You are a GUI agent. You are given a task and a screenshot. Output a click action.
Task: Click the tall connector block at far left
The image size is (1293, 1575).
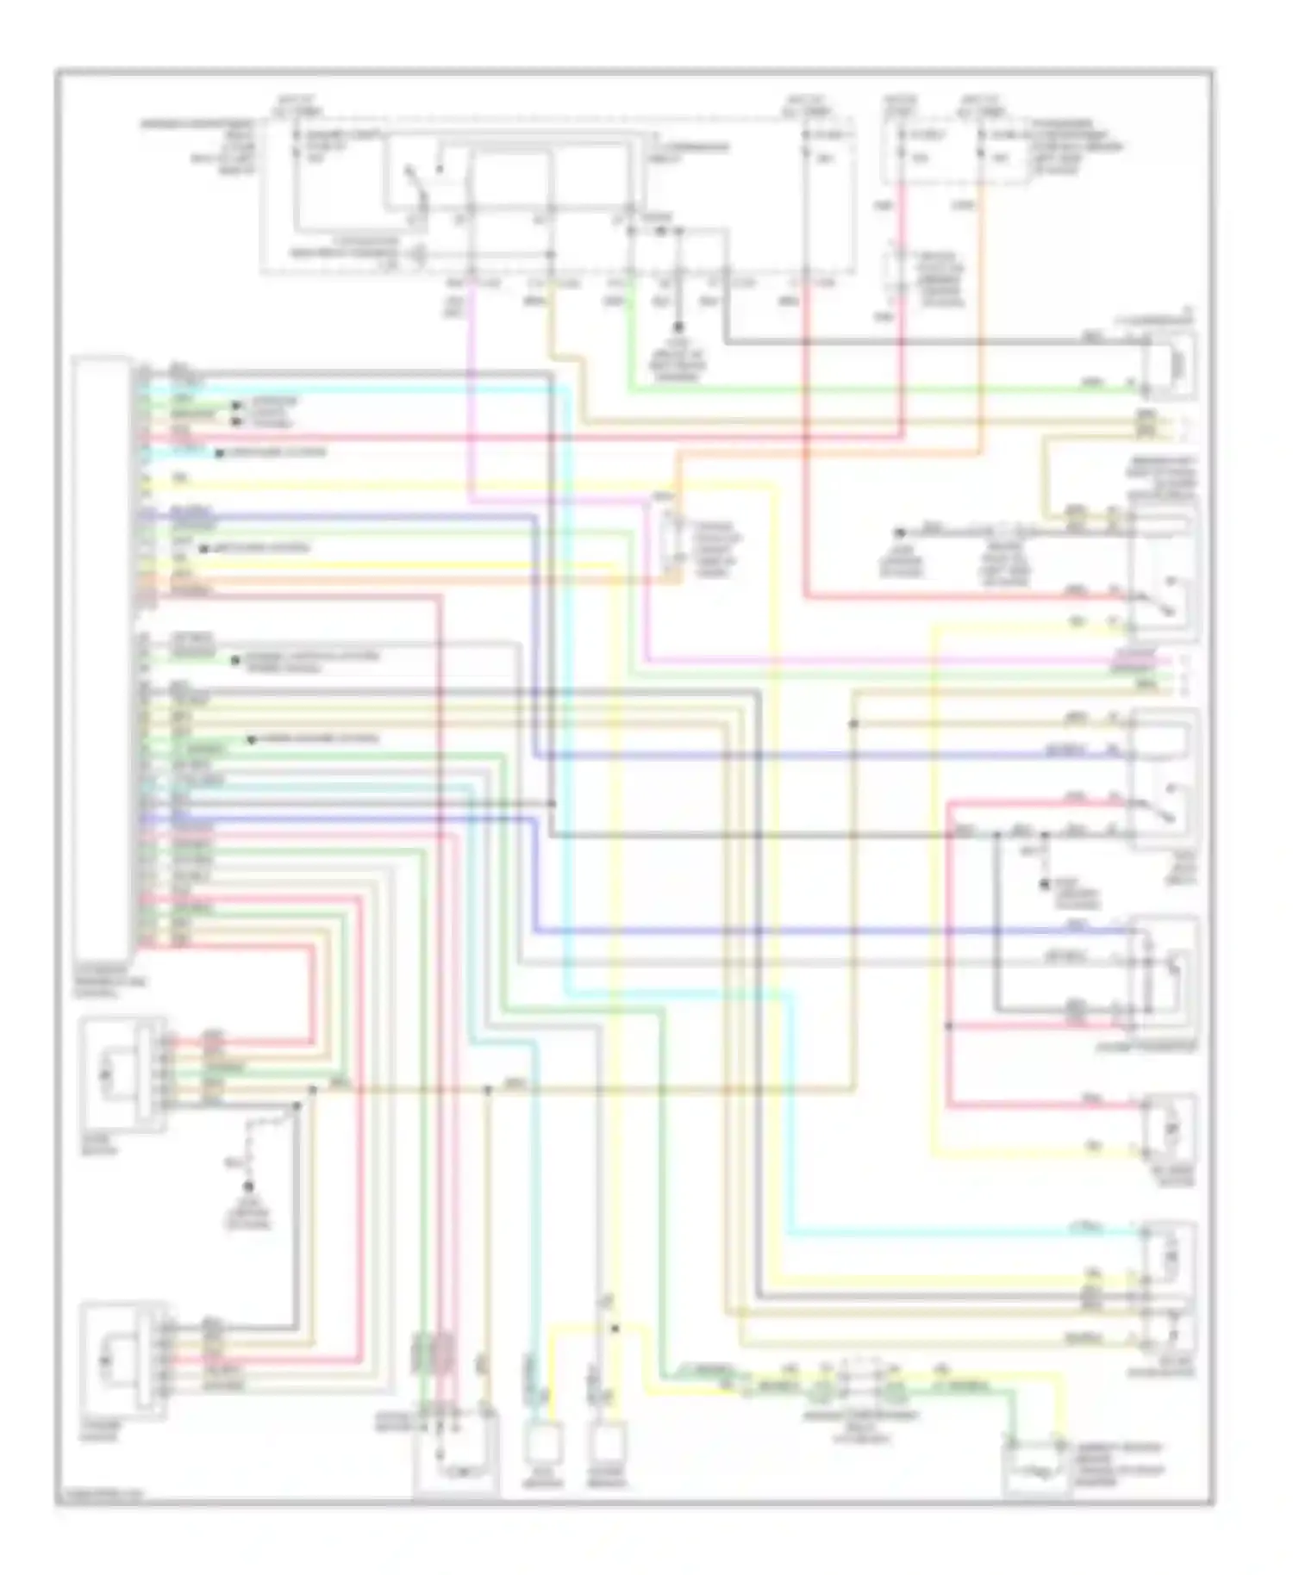[x=102, y=655]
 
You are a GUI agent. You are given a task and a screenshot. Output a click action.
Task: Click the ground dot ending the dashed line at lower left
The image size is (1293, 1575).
[x=250, y=1187]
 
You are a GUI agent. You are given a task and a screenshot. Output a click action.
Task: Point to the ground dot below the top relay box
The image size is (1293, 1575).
[x=678, y=327]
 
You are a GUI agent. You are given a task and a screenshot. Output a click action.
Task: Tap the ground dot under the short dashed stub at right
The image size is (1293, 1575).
[x=1044, y=885]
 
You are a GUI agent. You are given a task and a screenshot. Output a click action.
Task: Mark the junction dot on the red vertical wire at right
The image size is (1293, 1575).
[x=948, y=1025]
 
